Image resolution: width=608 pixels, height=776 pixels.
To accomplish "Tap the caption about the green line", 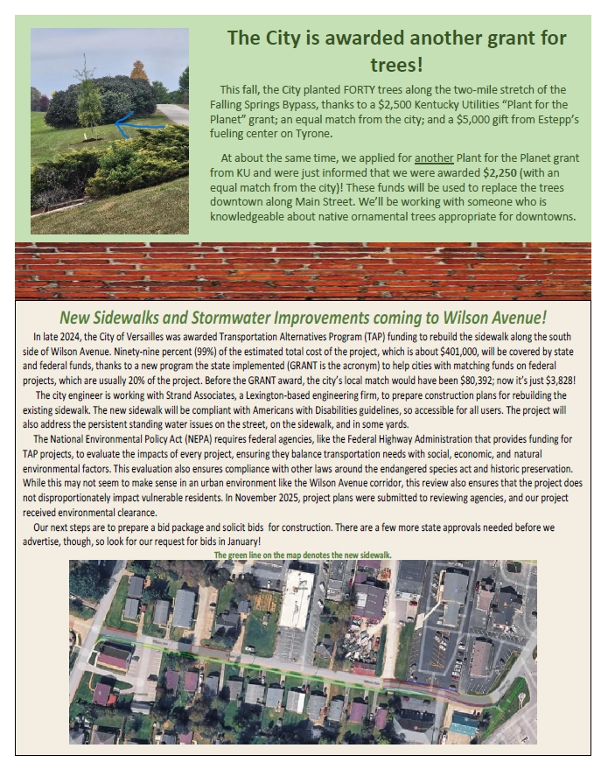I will (x=303, y=555).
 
